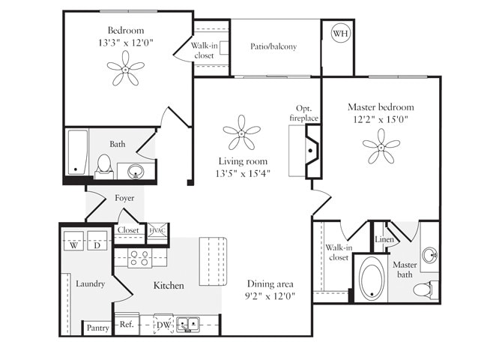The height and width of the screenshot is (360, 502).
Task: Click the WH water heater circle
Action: coord(340,34)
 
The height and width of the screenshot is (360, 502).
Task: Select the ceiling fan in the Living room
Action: coord(241,133)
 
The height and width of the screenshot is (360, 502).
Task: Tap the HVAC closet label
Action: coord(157,231)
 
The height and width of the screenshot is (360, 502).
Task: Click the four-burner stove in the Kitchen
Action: coord(138,258)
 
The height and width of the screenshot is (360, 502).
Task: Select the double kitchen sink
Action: coord(188,325)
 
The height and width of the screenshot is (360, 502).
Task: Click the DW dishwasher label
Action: coord(163,325)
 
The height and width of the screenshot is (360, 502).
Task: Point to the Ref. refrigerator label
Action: coord(127,325)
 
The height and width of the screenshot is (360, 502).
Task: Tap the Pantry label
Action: coord(97,328)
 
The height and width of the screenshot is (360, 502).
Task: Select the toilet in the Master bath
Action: coord(425,289)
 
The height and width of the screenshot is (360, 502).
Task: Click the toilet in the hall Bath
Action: coord(104,164)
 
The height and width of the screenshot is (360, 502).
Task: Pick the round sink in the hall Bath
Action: coord(136,171)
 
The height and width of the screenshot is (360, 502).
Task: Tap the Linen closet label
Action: coord(384,239)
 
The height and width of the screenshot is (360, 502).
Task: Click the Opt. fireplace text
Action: coord(303,113)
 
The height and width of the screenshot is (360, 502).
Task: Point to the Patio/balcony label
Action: coord(273,46)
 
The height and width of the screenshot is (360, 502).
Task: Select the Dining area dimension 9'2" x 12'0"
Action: coord(270,296)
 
